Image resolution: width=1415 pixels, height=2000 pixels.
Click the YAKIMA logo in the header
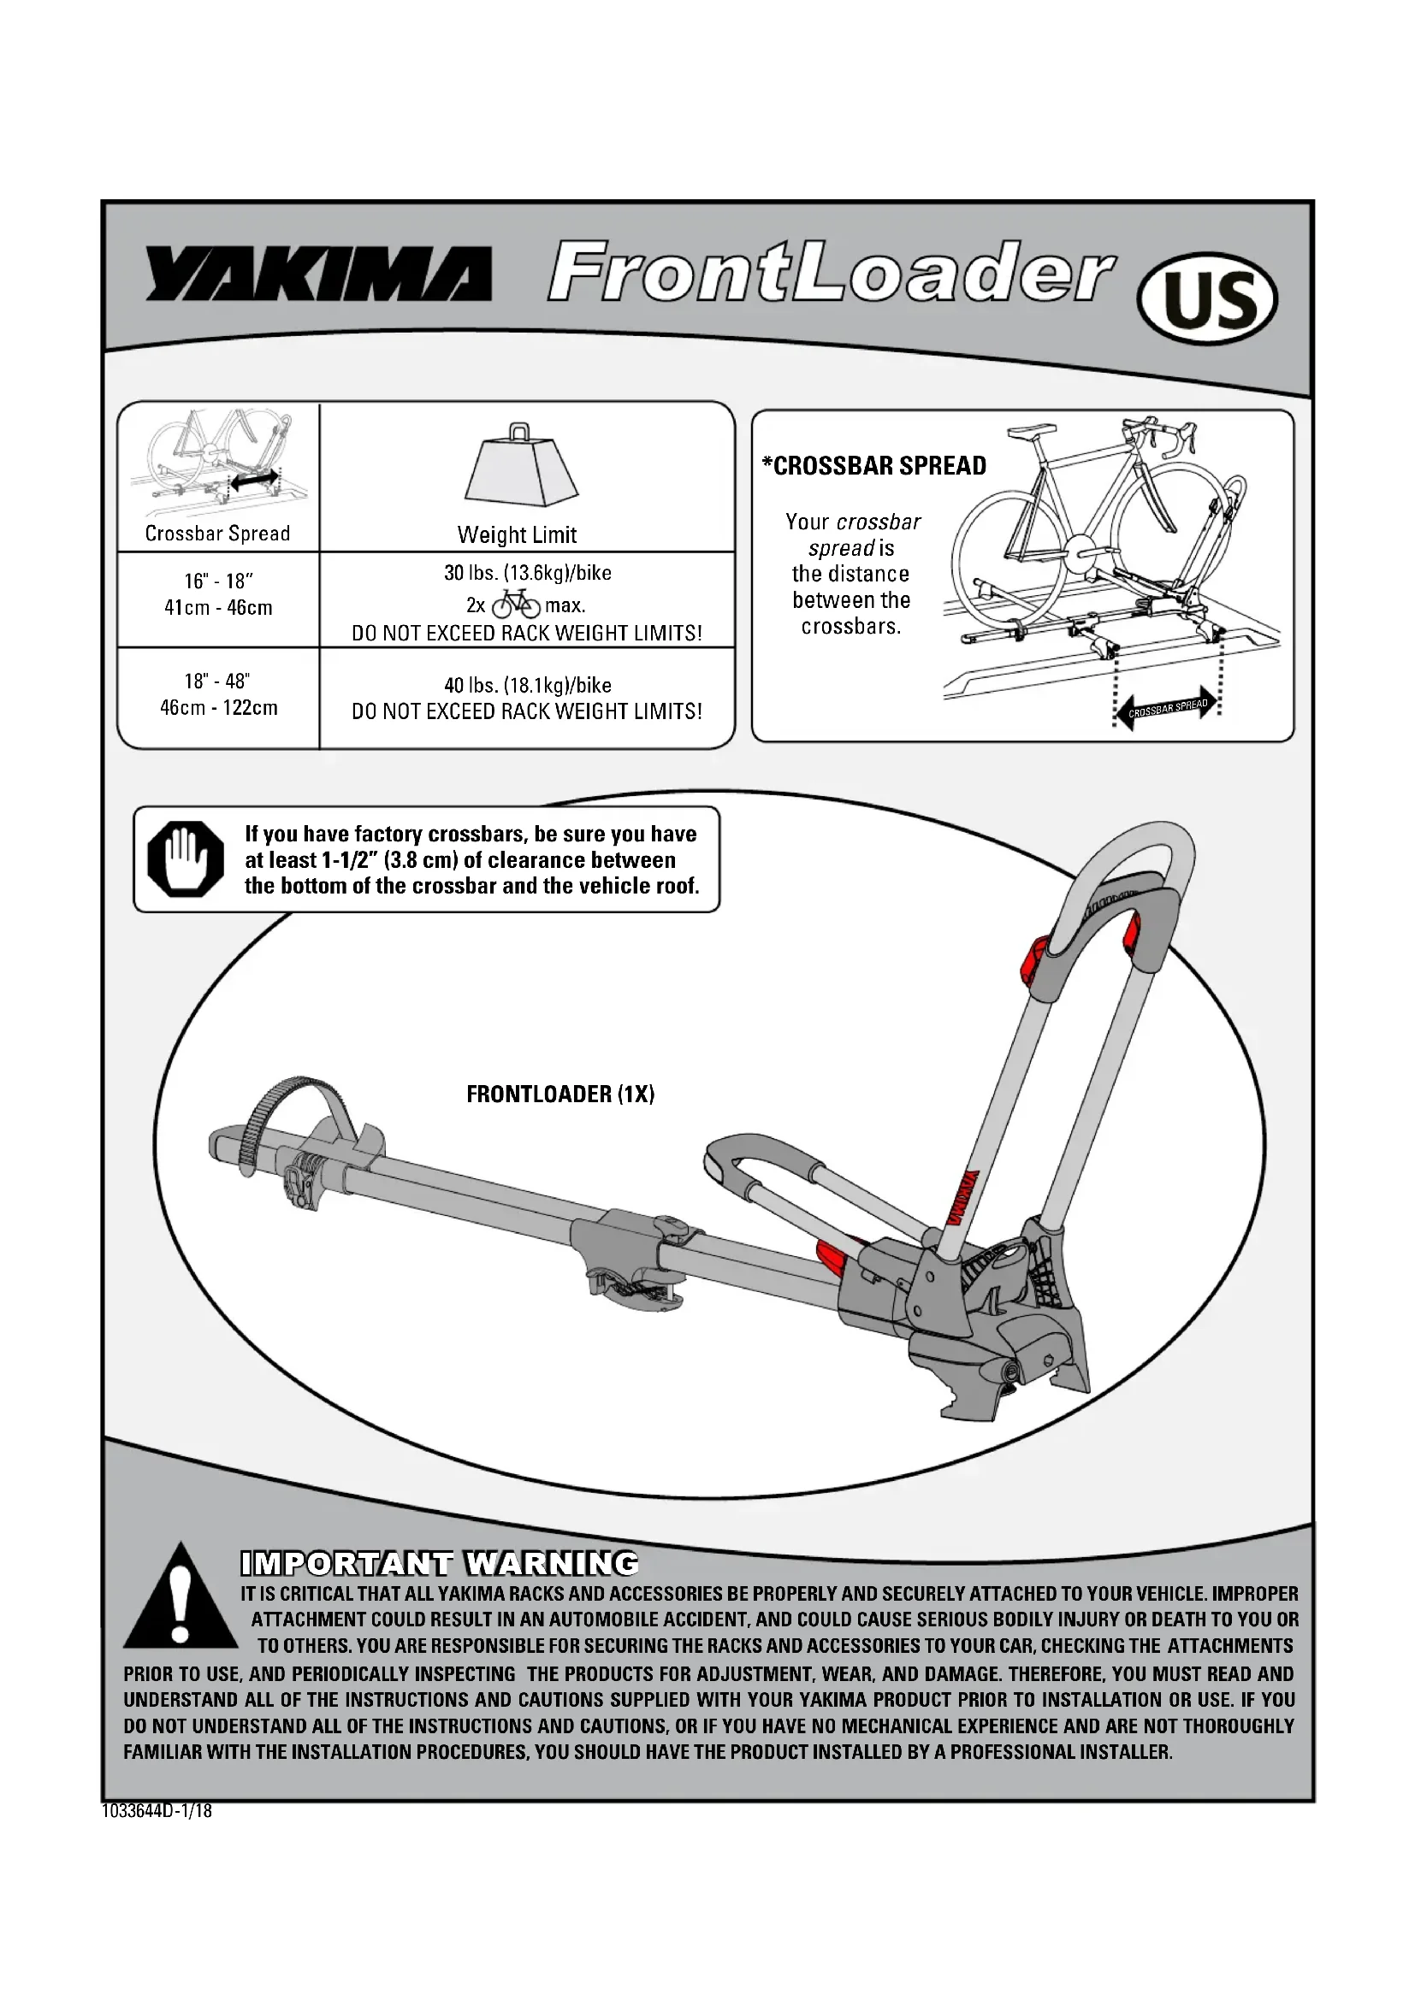(318, 274)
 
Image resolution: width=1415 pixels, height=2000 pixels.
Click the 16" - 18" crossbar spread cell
(219, 594)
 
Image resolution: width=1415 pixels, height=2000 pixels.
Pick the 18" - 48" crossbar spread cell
(219, 694)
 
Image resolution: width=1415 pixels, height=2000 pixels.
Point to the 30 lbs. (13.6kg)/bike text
(527, 573)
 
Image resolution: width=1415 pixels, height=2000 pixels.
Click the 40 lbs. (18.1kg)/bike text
(527, 686)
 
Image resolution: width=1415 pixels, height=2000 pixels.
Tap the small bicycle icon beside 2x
(516, 604)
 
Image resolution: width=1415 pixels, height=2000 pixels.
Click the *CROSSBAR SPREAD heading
(875, 466)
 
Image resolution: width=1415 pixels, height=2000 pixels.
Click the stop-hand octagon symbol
(186, 858)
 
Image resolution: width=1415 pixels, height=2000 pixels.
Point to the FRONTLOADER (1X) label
(560, 1094)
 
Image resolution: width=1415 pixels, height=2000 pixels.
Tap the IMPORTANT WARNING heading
(439, 1564)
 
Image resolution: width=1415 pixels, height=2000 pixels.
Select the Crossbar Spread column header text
(218, 534)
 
